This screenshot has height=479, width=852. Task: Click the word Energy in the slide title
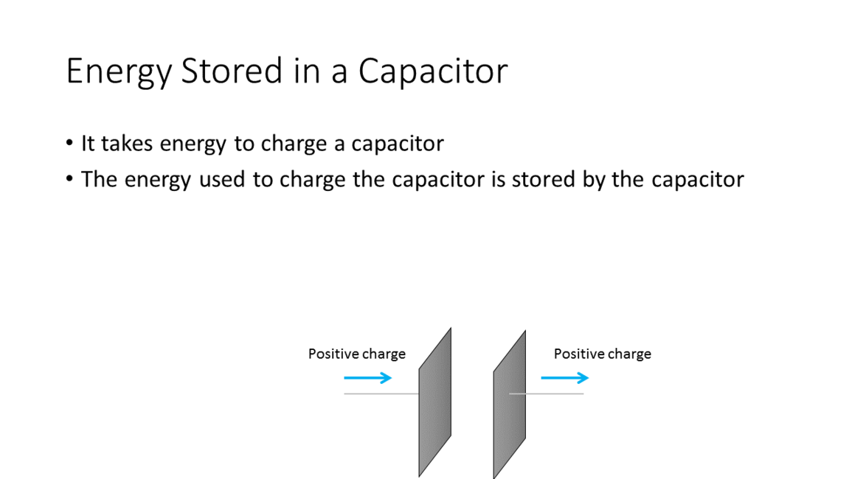119,72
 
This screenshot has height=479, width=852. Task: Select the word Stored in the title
232,71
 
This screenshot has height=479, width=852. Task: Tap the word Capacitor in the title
432,71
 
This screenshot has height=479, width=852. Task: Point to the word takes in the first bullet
127,144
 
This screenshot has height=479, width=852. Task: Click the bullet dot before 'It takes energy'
69,144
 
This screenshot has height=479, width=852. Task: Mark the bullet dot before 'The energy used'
69,179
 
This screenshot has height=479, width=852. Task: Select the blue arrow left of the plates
367,378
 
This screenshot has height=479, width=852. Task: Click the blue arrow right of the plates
564,378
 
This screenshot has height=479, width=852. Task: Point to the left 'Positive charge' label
356,354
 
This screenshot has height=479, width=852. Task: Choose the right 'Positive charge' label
602,354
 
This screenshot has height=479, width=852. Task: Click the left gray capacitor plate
434,402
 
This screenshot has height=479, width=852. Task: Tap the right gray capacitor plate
509,405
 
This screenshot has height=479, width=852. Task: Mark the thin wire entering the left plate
381,394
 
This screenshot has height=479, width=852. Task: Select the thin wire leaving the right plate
546,394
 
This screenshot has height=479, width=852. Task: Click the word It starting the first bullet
88,144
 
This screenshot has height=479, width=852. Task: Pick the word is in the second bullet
498,179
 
